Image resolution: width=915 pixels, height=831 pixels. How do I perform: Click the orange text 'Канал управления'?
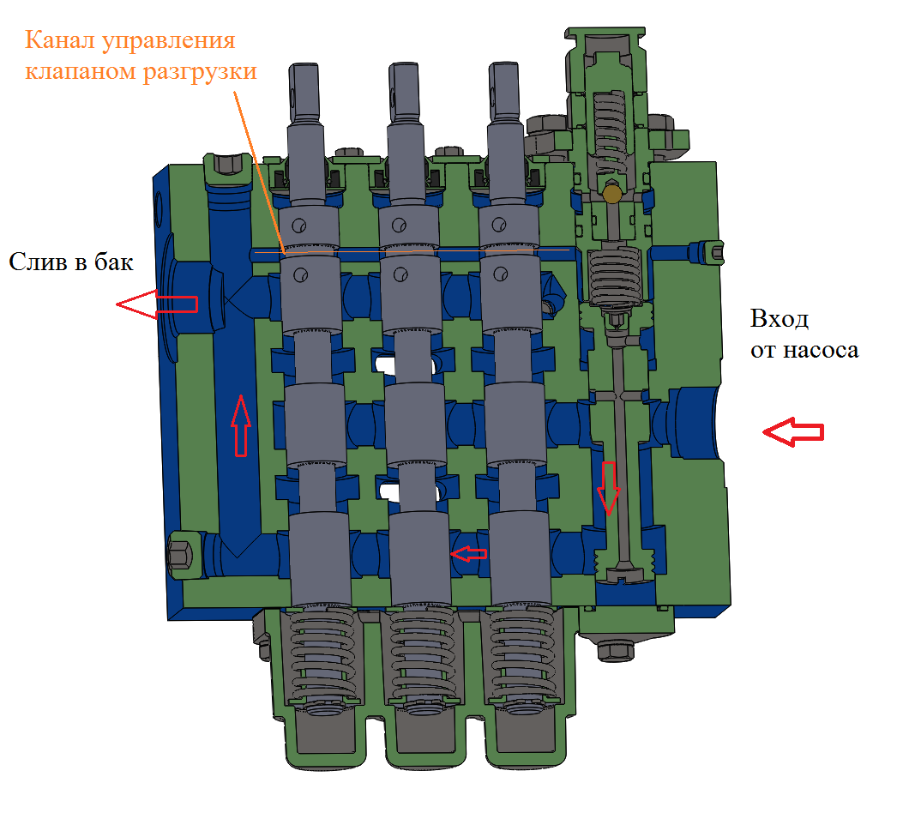coord(129,39)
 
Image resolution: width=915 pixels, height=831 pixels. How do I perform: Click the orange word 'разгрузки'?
coord(209,71)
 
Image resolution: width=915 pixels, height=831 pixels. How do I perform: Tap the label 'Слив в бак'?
coord(71,262)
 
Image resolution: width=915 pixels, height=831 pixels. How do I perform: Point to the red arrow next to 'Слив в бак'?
coord(157,304)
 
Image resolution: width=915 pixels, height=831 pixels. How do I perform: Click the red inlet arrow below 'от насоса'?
coord(793,432)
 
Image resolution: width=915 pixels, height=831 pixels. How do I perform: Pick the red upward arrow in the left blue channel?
coord(242,424)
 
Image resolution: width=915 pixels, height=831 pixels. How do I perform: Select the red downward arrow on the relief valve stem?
coord(608,486)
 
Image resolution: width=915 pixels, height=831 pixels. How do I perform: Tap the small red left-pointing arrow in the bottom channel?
coord(468,554)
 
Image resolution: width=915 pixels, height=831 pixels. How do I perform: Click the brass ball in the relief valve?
coord(612,195)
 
